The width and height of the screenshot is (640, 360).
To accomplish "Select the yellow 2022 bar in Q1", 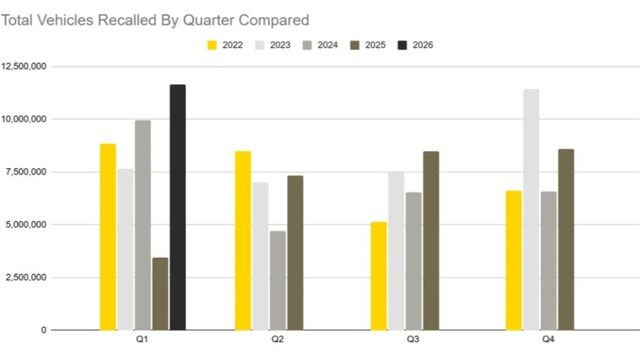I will [108, 237].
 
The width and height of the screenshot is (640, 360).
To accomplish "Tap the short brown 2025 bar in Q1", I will [160, 294].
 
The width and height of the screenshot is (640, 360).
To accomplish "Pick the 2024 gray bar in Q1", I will [143, 225].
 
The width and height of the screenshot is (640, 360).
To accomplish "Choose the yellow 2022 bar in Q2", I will [243, 241].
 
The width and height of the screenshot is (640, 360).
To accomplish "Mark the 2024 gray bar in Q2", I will [278, 280].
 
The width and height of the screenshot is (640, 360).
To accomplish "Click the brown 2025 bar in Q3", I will [431, 241].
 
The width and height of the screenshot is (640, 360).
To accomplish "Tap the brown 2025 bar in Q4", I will [566, 239].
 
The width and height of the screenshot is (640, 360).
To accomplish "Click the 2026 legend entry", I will [415, 45].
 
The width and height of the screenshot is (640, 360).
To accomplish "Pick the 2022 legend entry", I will [225, 45].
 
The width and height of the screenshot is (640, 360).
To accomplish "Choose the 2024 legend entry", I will [320, 45].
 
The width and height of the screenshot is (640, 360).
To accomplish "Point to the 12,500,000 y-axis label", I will [23, 66].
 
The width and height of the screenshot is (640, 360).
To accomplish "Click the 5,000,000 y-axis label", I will [26, 225].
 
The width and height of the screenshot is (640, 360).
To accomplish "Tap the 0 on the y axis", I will [44, 330].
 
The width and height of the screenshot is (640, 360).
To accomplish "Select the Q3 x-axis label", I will [413, 339].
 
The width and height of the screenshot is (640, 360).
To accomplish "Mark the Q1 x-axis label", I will [142, 339].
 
